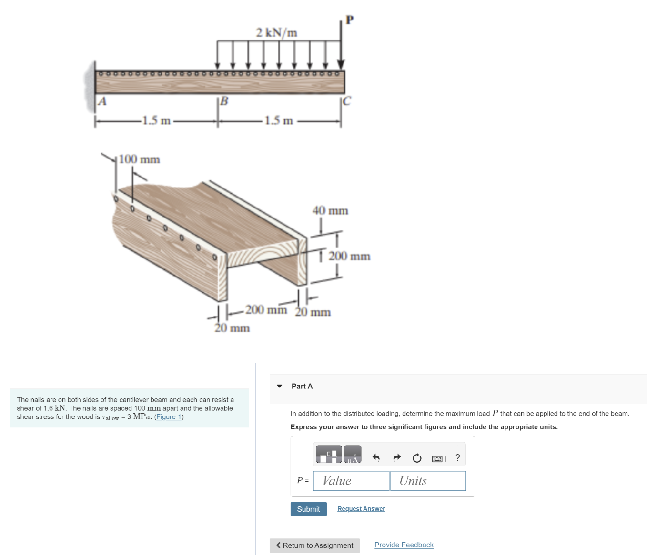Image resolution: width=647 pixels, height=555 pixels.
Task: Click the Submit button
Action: [308, 509]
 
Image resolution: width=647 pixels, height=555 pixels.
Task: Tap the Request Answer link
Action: [361, 509]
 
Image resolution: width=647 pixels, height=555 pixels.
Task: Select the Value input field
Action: [351, 481]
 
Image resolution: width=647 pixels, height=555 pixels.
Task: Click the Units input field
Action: [427, 481]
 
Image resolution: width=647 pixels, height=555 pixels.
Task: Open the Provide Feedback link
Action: [404, 545]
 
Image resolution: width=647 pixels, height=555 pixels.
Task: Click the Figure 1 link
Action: [169, 417]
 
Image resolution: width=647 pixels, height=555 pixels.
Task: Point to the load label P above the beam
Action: [350, 20]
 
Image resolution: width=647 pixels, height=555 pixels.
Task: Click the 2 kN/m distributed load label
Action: [276, 32]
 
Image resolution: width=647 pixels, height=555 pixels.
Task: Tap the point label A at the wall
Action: [102, 101]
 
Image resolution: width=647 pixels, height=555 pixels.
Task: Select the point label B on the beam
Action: [223, 101]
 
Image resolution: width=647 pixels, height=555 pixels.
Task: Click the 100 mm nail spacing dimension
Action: [139, 159]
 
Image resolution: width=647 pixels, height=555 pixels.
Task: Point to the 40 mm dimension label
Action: [330, 210]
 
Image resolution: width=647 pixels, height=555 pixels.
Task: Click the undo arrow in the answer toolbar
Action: [376, 458]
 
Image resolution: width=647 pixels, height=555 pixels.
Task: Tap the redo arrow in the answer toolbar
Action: [397, 458]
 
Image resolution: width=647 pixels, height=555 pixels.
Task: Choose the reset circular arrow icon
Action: [417, 458]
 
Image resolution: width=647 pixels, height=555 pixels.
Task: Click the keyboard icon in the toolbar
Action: [438, 458]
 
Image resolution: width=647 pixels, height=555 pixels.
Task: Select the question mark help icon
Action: [458, 458]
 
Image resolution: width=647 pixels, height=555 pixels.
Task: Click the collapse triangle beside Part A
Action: [280, 386]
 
